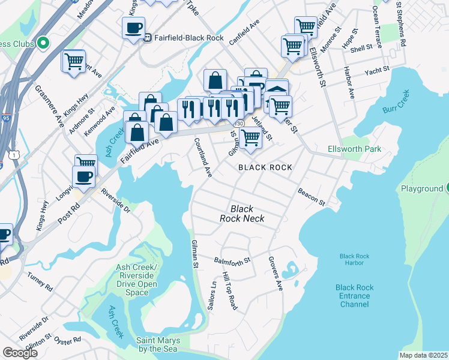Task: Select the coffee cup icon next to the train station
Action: point(133,27)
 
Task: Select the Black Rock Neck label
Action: point(242,214)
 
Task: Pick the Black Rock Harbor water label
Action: point(354,260)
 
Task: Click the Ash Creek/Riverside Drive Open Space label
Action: point(137,280)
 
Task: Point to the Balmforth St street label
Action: point(232,261)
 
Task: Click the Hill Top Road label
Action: point(229,291)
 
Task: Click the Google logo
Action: point(20,353)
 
